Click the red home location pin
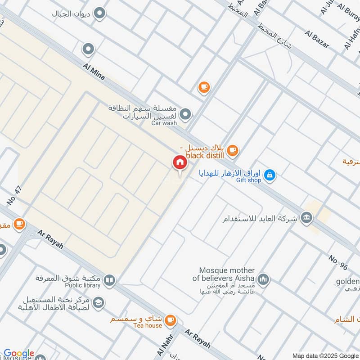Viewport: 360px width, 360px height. click(x=180, y=162)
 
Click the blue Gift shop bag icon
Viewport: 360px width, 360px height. click(x=270, y=175)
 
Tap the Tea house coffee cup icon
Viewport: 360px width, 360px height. click(x=170, y=320)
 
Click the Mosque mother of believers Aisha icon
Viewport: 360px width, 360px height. click(x=263, y=280)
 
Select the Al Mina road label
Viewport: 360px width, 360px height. click(x=94, y=72)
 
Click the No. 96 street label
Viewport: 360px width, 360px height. click(x=338, y=263)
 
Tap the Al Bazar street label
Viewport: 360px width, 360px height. click(x=317, y=39)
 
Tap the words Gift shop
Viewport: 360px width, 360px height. click(x=247, y=180)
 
